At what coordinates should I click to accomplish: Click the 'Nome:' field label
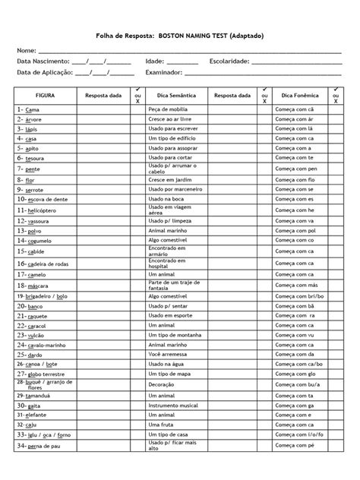(x=28, y=50)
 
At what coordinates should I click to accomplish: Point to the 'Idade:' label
(x=155, y=61)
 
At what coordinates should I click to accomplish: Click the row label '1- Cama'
(x=28, y=110)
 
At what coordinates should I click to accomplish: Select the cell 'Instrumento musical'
(x=175, y=406)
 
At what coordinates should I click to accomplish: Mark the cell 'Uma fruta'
(x=162, y=425)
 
